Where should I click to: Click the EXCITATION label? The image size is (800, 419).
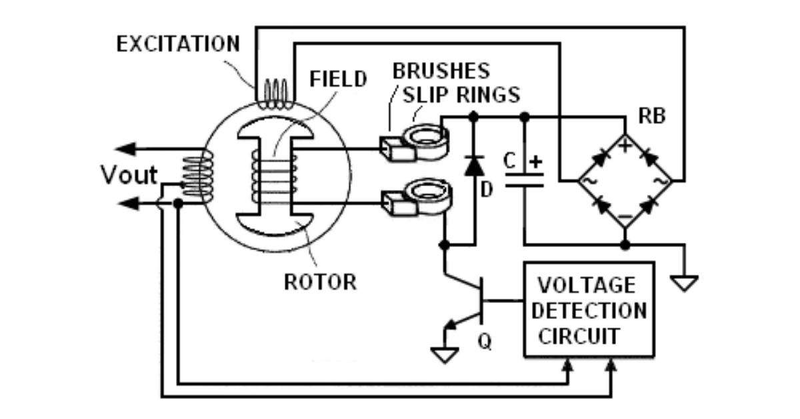coord(178,44)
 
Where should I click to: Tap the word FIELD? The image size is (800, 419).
coord(339,79)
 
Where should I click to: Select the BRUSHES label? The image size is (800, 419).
coord(441,70)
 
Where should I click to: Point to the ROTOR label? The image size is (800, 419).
coord(321,281)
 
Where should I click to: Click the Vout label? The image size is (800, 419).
coord(129,175)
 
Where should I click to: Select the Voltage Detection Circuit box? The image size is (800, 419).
coord(588,310)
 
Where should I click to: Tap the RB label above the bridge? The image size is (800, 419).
coord(652,115)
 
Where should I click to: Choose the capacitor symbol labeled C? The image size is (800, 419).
coord(525,179)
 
